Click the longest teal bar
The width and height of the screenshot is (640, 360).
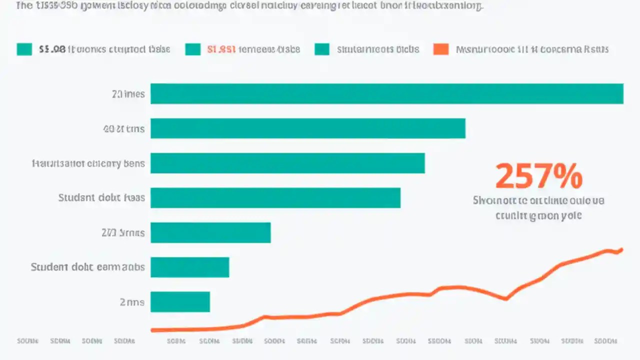(x=386, y=93)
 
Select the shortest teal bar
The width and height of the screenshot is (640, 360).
(x=180, y=302)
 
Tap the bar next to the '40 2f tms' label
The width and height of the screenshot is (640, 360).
(x=307, y=128)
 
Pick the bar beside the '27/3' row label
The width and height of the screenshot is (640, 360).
(x=210, y=232)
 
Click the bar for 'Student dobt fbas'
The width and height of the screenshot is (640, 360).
(x=275, y=197)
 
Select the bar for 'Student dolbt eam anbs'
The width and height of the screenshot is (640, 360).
(x=189, y=267)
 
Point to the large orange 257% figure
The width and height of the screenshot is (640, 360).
(x=538, y=176)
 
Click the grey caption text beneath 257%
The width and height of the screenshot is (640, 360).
(x=538, y=208)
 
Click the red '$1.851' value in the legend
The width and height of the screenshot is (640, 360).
(x=220, y=49)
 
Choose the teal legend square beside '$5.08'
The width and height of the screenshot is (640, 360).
(x=24, y=49)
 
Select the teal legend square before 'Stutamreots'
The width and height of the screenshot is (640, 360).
(x=322, y=49)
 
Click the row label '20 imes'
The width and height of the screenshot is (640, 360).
(x=128, y=94)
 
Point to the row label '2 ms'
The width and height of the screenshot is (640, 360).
(x=132, y=302)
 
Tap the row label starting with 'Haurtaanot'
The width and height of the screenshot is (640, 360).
(x=88, y=163)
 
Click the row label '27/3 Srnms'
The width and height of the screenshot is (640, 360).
(x=123, y=232)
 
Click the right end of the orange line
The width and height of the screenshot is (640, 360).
(x=621, y=249)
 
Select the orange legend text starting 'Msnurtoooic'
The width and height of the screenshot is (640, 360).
(x=532, y=49)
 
